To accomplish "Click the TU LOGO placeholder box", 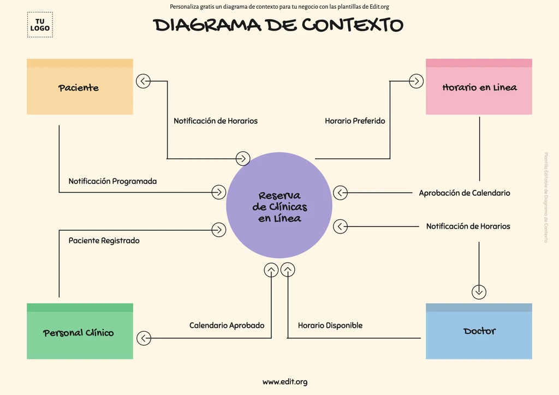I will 40,25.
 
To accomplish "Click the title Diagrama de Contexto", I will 278,25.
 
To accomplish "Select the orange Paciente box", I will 80,87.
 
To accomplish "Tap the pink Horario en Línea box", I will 479,87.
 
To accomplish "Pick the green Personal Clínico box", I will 80,332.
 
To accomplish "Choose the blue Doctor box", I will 479,331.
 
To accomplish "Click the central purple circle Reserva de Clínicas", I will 279,206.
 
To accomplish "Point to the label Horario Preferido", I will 355,121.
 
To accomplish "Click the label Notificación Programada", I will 112,181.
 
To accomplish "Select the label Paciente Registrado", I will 104,241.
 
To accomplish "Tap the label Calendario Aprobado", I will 227,326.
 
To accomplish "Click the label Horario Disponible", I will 330,326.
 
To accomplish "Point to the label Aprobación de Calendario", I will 464,193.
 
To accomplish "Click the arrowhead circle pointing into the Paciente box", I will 144,81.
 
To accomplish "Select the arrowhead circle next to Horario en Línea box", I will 416,81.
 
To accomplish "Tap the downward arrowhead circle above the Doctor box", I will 479,292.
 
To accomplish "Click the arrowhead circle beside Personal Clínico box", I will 144,338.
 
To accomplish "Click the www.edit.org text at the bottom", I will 284,382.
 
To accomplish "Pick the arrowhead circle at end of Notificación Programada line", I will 218,192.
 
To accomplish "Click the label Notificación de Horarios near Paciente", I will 216,121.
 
